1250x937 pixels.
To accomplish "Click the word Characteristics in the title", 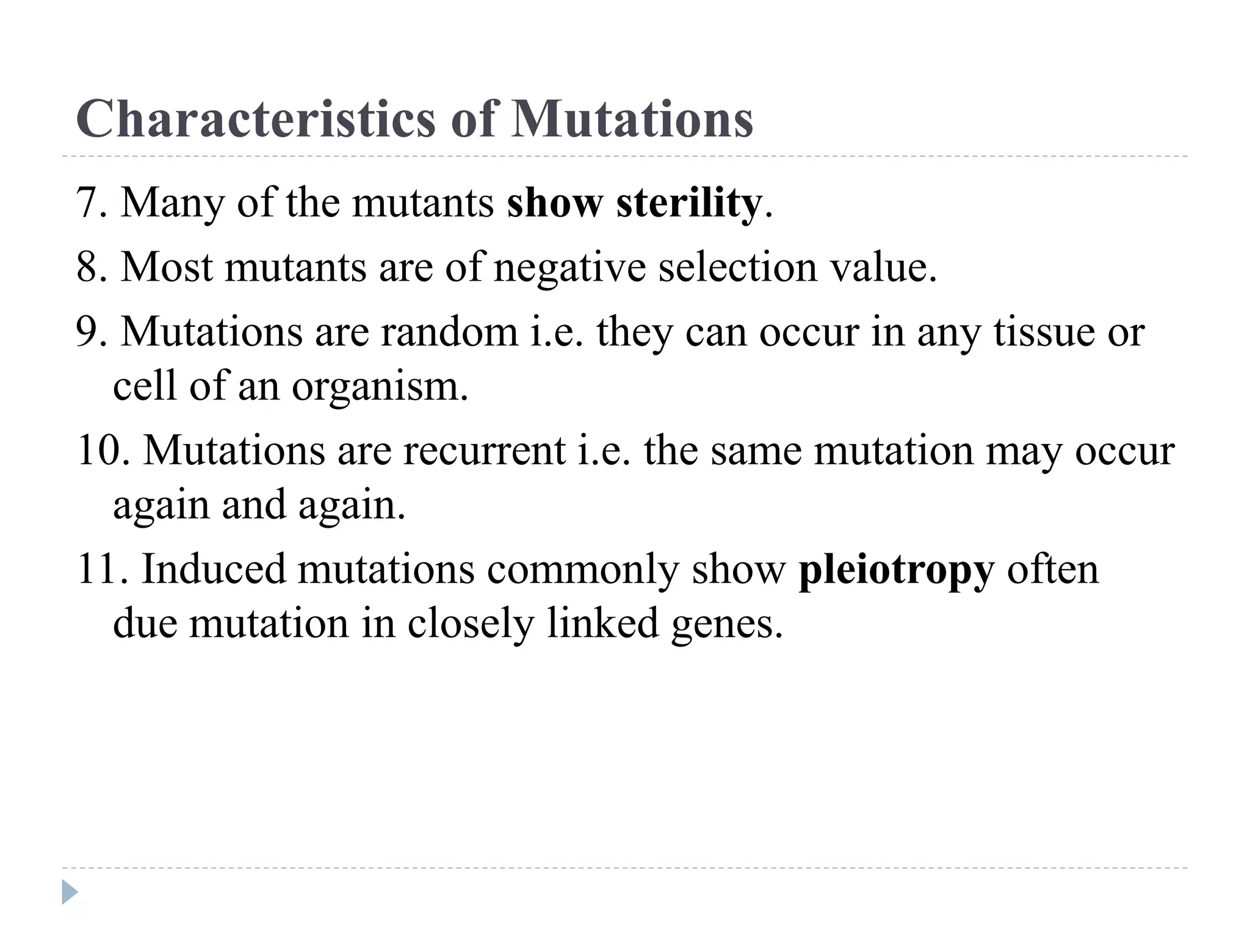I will [255, 119].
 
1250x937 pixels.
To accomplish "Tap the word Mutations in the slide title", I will [632, 119].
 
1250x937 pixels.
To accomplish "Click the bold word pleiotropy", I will [897, 571].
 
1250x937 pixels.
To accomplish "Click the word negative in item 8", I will [569, 268].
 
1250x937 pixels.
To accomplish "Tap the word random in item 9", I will [449, 332].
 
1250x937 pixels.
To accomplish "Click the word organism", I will [380, 387].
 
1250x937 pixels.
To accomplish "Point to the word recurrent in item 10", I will [483, 451].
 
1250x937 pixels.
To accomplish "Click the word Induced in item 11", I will [214, 570].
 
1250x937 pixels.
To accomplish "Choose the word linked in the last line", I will [603, 623].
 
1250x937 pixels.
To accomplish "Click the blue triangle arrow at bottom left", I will [70, 892].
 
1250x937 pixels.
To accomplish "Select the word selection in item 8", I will [737, 267].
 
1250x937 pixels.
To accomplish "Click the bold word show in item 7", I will [554, 203].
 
